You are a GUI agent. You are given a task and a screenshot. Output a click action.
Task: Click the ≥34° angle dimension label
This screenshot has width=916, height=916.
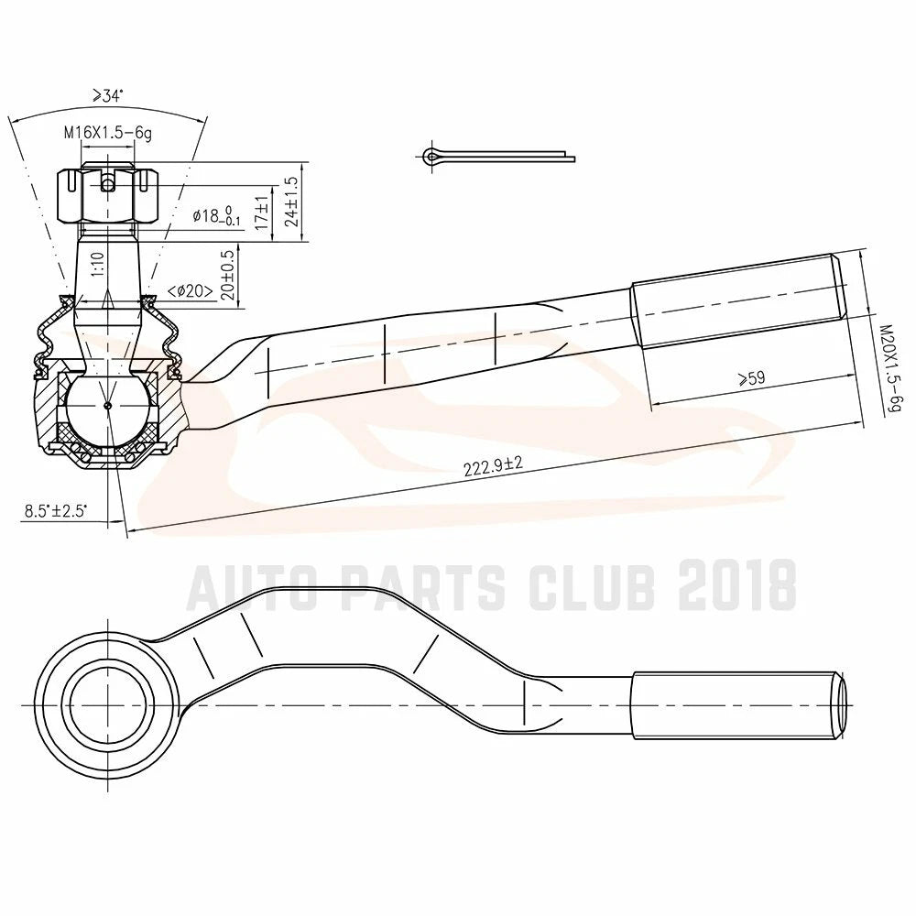point(107,96)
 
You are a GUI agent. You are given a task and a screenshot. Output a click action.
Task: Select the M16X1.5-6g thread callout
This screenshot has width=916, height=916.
point(108,133)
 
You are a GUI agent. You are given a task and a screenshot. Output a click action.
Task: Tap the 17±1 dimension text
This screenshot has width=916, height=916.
point(262,213)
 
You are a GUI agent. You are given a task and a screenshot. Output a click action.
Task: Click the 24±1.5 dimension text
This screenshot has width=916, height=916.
point(292,202)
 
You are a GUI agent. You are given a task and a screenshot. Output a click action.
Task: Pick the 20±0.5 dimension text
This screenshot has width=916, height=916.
point(228,275)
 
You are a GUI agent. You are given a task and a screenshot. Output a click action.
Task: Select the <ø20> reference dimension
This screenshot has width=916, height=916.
point(190,290)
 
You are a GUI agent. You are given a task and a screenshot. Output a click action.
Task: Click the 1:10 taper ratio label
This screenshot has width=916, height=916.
point(98,264)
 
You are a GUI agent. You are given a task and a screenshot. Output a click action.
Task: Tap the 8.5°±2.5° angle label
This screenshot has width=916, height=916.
point(56,512)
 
